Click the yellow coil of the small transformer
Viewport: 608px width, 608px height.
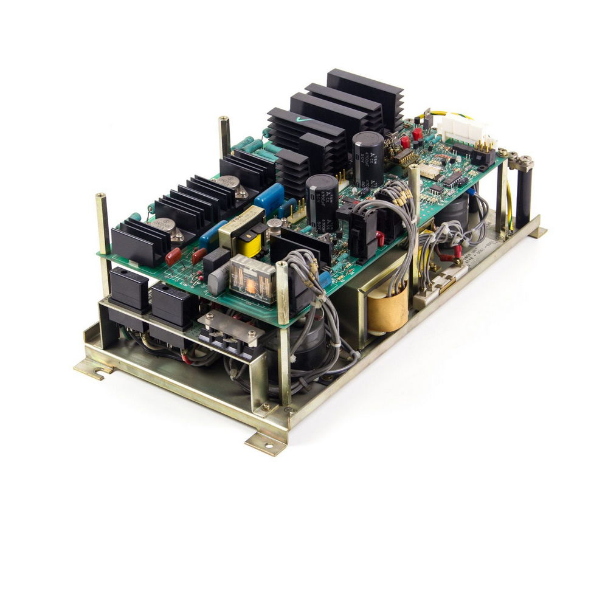249,245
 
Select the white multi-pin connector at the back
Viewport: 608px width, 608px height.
465,129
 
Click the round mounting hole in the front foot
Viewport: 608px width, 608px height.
268,446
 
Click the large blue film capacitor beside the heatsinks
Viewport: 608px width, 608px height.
269,198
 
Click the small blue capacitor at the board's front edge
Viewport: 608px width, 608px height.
325,278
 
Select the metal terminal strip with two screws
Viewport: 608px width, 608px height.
232,328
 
